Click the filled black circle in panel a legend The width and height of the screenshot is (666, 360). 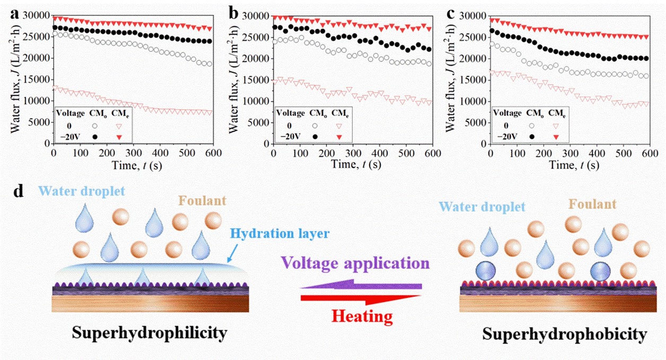[x=95, y=136]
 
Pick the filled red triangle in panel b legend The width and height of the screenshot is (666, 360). [x=338, y=136]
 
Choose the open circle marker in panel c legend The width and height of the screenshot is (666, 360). [x=532, y=126]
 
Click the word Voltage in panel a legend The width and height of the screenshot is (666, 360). [x=71, y=113]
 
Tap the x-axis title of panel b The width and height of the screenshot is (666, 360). [x=352, y=164]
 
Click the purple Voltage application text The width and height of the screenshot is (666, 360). [x=355, y=263]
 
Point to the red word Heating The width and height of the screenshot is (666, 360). [x=362, y=317]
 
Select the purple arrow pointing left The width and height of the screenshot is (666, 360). [x=361, y=286]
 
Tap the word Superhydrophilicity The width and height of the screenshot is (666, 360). [x=150, y=333]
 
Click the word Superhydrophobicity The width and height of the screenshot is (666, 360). [x=565, y=334]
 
